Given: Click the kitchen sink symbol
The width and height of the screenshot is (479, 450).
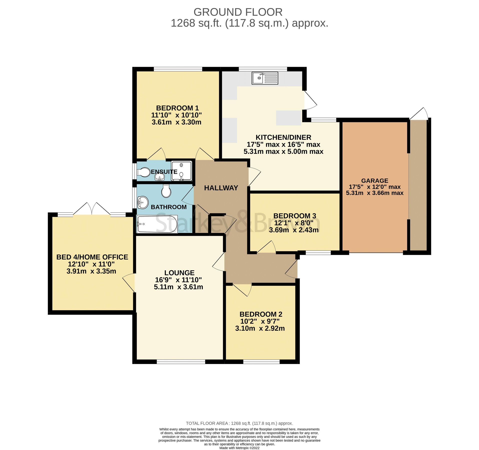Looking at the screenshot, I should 265,78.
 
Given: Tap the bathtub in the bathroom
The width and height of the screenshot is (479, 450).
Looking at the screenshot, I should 157,224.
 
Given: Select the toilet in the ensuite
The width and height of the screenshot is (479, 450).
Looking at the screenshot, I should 144,172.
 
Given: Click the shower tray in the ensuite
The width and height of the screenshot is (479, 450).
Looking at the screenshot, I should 182,171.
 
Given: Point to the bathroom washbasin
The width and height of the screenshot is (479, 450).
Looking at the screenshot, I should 143,202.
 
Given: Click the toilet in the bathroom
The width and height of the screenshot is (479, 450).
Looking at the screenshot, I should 166,191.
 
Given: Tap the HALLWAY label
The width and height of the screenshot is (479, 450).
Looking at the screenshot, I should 221,188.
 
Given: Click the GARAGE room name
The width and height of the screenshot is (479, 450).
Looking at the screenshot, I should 374,180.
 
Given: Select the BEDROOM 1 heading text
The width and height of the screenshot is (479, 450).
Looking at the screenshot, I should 177,108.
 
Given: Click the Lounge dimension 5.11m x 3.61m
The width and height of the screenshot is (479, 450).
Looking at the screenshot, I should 178,287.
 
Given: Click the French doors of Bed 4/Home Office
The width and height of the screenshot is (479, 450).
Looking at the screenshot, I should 92,209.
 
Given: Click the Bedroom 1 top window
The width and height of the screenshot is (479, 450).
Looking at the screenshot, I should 178,69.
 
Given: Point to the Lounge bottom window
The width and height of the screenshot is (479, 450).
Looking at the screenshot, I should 181,361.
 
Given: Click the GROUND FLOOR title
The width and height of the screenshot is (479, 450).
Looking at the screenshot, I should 238,12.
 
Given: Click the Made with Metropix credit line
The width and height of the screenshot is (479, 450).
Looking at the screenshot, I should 239,448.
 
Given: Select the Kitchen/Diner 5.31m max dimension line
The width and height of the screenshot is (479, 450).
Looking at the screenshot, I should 283,151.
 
